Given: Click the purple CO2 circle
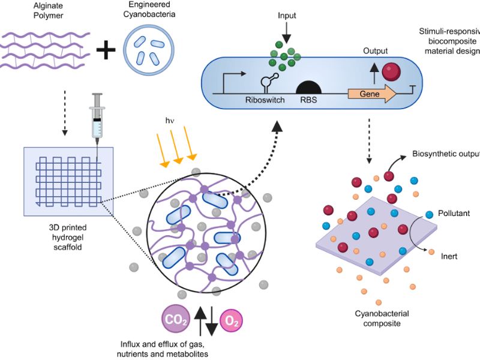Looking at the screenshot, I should (x=175, y=320).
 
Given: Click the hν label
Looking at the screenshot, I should (x=170, y=120).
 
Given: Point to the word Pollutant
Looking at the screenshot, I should (x=454, y=213).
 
